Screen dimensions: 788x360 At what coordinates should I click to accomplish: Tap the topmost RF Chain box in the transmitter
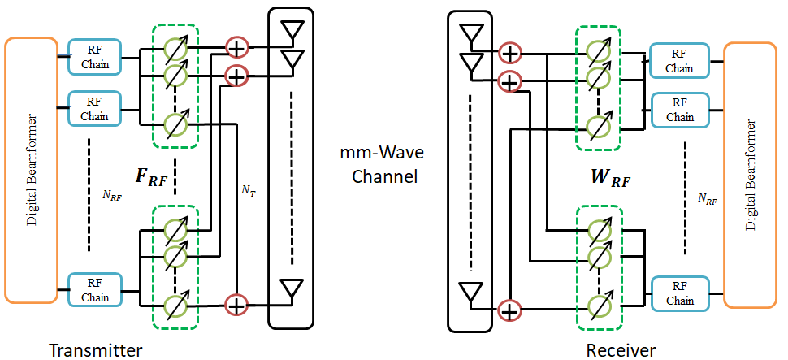[x=95, y=57]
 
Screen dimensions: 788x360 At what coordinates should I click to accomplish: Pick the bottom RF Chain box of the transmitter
[x=95, y=289]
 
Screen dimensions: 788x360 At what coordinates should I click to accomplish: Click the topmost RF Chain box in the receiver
[x=679, y=60]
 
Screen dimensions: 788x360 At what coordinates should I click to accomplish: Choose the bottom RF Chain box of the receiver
[x=679, y=293]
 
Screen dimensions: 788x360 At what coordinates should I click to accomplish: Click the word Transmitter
[x=96, y=350]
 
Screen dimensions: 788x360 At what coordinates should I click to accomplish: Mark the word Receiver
[x=621, y=350]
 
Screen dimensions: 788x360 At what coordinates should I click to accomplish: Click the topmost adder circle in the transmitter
[x=236, y=48]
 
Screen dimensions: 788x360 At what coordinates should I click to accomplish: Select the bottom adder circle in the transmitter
[x=236, y=304]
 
